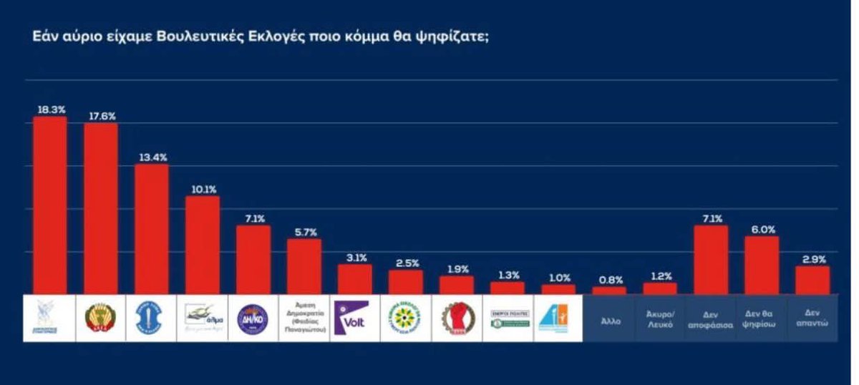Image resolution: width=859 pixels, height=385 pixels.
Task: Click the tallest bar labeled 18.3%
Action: [x=50, y=205]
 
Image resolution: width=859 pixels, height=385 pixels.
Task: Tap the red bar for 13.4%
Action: [x=152, y=229]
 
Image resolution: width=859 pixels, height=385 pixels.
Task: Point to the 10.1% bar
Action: [x=203, y=245]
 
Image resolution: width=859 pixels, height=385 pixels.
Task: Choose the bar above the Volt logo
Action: [x=355, y=279]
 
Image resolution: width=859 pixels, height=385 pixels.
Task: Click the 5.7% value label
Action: [x=304, y=232]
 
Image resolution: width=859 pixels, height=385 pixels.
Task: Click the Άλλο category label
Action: [x=610, y=322]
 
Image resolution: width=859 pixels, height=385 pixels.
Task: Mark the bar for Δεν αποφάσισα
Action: [x=711, y=259]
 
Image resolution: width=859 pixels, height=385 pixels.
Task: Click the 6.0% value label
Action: [x=762, y=229]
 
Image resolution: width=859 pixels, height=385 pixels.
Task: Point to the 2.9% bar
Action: [x=812, y=280]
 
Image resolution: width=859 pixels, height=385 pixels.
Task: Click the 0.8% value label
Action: [x=610, y=280]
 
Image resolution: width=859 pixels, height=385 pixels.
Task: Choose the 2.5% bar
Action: [x=406, y=282]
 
